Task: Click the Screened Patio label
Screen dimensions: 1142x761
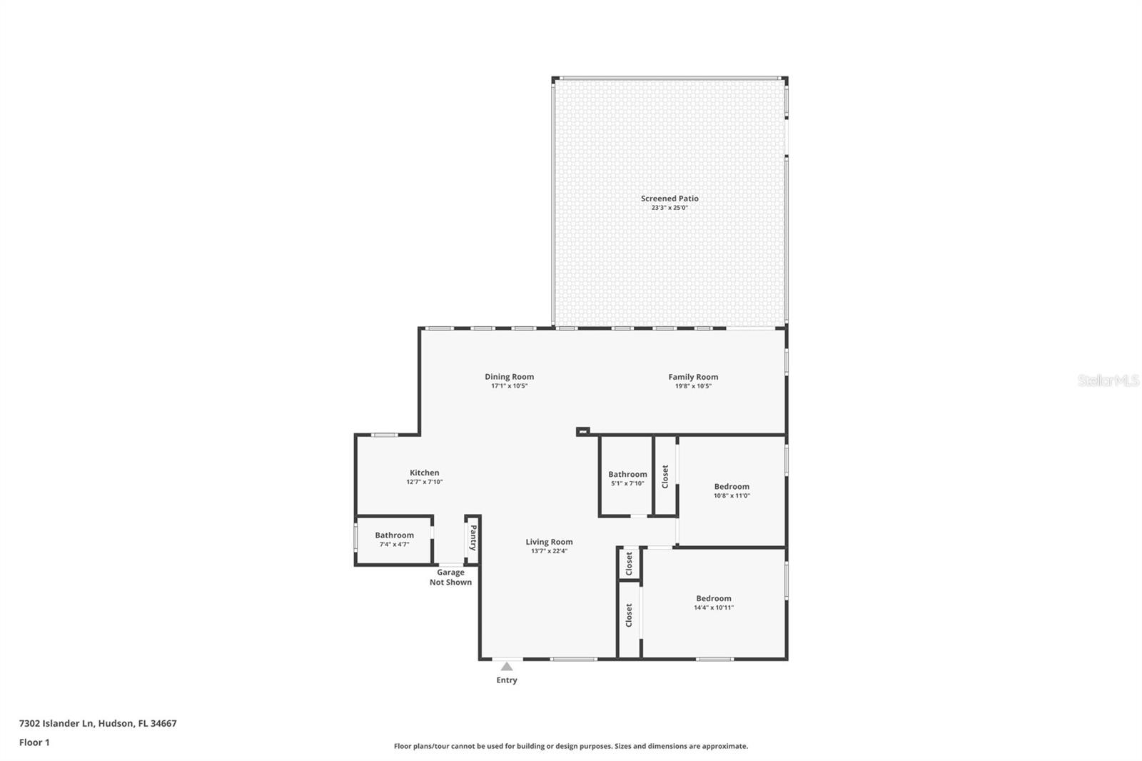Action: coord(669,198)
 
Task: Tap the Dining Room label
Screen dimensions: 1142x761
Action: coord(510,377)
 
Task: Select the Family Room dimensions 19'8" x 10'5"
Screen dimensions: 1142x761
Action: coord(693,386)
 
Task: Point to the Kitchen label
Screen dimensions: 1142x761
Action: coord(424,473)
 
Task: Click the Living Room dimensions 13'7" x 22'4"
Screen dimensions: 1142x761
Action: coord(549,551)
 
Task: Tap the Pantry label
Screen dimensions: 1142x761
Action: coord(473,538)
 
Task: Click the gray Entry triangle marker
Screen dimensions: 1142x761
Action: coord(506,666)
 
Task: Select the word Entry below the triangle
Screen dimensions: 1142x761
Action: coord(507,680)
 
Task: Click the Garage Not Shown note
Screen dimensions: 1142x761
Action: coord(450,578)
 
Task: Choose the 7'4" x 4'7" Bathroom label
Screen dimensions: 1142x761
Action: coord(394,535)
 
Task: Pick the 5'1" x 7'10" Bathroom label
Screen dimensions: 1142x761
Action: coord(627,474)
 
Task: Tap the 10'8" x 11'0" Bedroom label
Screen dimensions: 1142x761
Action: coord(732,487)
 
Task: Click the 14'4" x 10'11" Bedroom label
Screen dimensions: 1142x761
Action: coord(714,598)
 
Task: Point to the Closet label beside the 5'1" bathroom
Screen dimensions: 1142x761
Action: coord(665,476)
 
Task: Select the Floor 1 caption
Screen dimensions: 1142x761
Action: coord(34,742)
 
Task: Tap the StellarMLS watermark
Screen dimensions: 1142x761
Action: coord(1108,380)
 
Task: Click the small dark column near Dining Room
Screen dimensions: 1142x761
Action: coord(582,431)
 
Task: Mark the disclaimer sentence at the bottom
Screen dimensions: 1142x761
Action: coord(571,746)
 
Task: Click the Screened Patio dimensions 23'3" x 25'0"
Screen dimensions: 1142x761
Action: coord(669,208)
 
